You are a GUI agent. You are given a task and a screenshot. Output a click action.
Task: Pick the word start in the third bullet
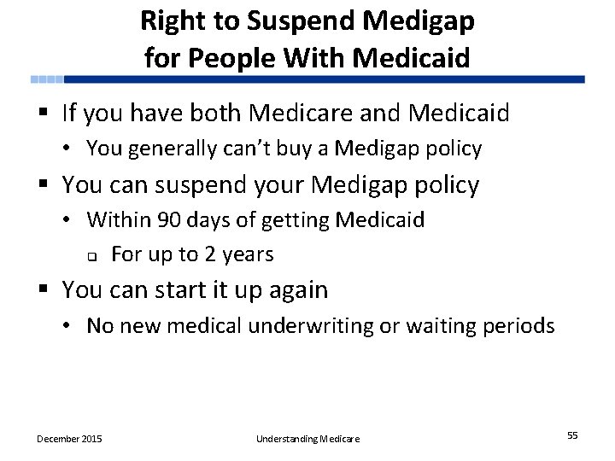pyautogui.click(x=185, y=290)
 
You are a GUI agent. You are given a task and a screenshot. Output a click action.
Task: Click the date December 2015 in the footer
pyautogui.click(x=69, y=439)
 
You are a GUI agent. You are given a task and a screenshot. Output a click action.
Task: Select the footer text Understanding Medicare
pyautogui.click(x=307, y=439)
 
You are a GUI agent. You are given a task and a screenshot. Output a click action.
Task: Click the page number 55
pyautogui.click(x=572, y=435)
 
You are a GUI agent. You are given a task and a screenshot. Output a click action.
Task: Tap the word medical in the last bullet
pyautogui.click(x=242, y=326)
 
